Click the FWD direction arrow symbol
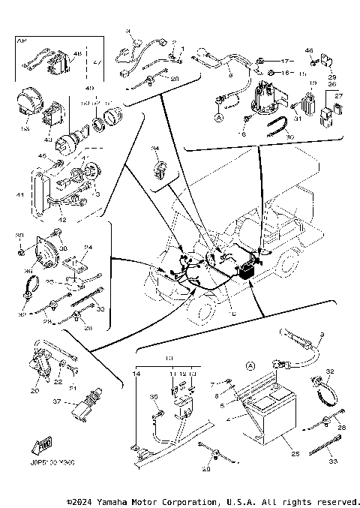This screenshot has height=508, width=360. click(40, 446)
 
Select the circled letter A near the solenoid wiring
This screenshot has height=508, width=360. click(219, 118)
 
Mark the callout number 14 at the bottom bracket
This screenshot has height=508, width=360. click(137, 373)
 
